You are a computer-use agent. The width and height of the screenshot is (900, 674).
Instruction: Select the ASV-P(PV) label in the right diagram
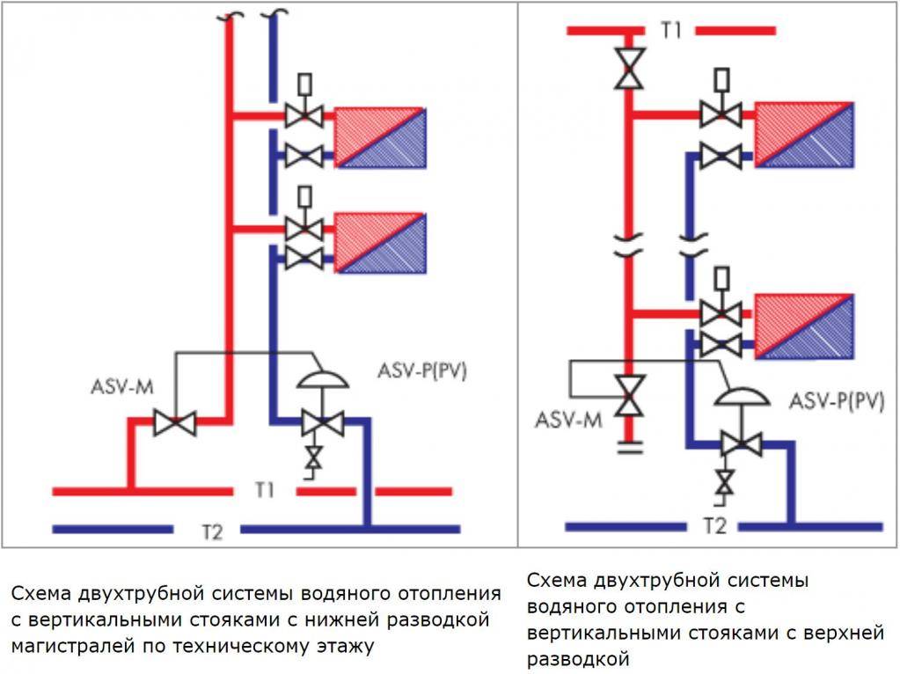836,401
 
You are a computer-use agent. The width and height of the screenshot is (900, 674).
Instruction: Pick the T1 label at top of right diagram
671,30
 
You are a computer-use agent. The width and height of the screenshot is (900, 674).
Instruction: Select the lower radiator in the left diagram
379,242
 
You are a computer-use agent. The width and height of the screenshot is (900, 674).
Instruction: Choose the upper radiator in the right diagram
804,135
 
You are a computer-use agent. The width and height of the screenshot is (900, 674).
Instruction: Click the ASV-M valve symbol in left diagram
174,421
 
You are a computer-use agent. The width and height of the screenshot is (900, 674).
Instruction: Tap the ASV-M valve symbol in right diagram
630,396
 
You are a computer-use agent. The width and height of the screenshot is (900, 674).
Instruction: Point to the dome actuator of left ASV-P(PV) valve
322,377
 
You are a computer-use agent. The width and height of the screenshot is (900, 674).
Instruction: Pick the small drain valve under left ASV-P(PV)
312,458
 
